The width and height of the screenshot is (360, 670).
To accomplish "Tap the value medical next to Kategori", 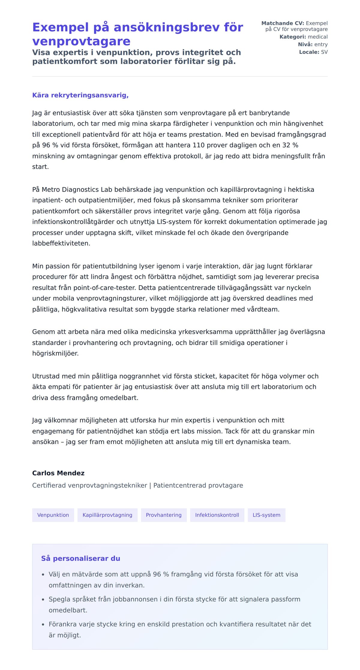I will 318,37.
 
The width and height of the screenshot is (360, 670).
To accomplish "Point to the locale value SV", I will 324,52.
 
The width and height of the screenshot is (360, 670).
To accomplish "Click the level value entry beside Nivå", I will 321,45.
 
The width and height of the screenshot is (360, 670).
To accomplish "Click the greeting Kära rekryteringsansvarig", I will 80,95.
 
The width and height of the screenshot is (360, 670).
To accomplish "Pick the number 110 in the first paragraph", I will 198,145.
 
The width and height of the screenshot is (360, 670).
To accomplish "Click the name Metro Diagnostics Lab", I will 77,190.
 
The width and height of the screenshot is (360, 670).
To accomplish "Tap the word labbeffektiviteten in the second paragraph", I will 61,243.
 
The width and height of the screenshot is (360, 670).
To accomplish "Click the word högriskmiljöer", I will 55,353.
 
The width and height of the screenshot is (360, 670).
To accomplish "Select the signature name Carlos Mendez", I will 58,473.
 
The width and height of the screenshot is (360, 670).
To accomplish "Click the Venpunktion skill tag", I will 53,515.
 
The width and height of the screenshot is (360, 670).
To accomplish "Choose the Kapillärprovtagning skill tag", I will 107,515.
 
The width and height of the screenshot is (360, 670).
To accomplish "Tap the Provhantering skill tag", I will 164,515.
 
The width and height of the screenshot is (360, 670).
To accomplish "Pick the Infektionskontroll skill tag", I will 217,515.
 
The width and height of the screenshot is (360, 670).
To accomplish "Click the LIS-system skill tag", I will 266,515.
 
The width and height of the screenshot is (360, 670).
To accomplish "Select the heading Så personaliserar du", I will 80,558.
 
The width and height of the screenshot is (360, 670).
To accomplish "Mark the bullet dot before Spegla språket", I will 43,600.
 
